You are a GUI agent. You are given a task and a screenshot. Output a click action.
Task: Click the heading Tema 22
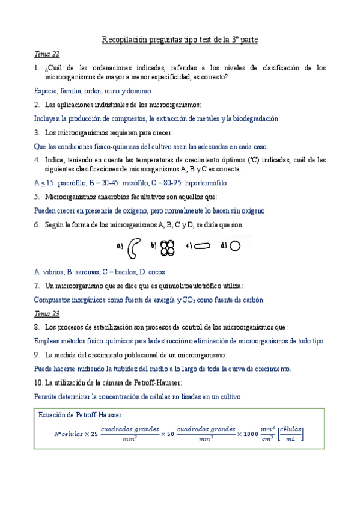[46, 54]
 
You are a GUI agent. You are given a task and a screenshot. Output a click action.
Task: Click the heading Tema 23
[46, 313]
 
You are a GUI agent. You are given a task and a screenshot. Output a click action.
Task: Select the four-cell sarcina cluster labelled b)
[169, 246]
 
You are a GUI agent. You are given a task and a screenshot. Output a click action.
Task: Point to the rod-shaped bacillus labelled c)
[204, 245]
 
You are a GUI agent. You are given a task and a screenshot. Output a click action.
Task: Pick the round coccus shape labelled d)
[236, 245]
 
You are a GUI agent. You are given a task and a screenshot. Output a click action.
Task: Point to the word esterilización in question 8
[112, 327]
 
